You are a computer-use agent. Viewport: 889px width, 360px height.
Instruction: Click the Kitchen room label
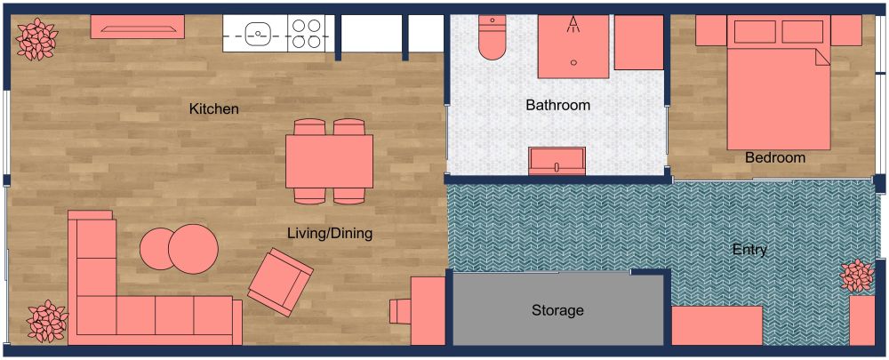coord(214,109)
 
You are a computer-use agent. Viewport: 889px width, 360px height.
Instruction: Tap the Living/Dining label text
coord(329,234)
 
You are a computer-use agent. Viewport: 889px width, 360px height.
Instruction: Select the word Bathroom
coord(557,105)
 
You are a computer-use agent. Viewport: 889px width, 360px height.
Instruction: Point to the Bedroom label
coord(775,158)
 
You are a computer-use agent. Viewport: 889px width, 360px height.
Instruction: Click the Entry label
coord(749,250)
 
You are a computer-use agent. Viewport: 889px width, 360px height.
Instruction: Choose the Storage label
coord(557,310)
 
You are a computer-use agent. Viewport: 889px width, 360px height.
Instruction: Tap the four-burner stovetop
coord(307,35)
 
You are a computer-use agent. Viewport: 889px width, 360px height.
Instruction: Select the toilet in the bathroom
coord(491,39)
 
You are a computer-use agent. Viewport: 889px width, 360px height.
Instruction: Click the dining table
coord(329,161)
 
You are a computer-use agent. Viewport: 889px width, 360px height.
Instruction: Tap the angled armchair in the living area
coord(279,282)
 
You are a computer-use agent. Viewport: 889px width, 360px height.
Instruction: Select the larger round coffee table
coord(193,249)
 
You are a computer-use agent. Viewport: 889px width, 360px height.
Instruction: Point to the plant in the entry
coord(859,276)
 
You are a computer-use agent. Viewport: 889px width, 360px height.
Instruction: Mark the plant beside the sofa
coord(44,321)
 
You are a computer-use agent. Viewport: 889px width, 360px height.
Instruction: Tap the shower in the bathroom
coord(573,42)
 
